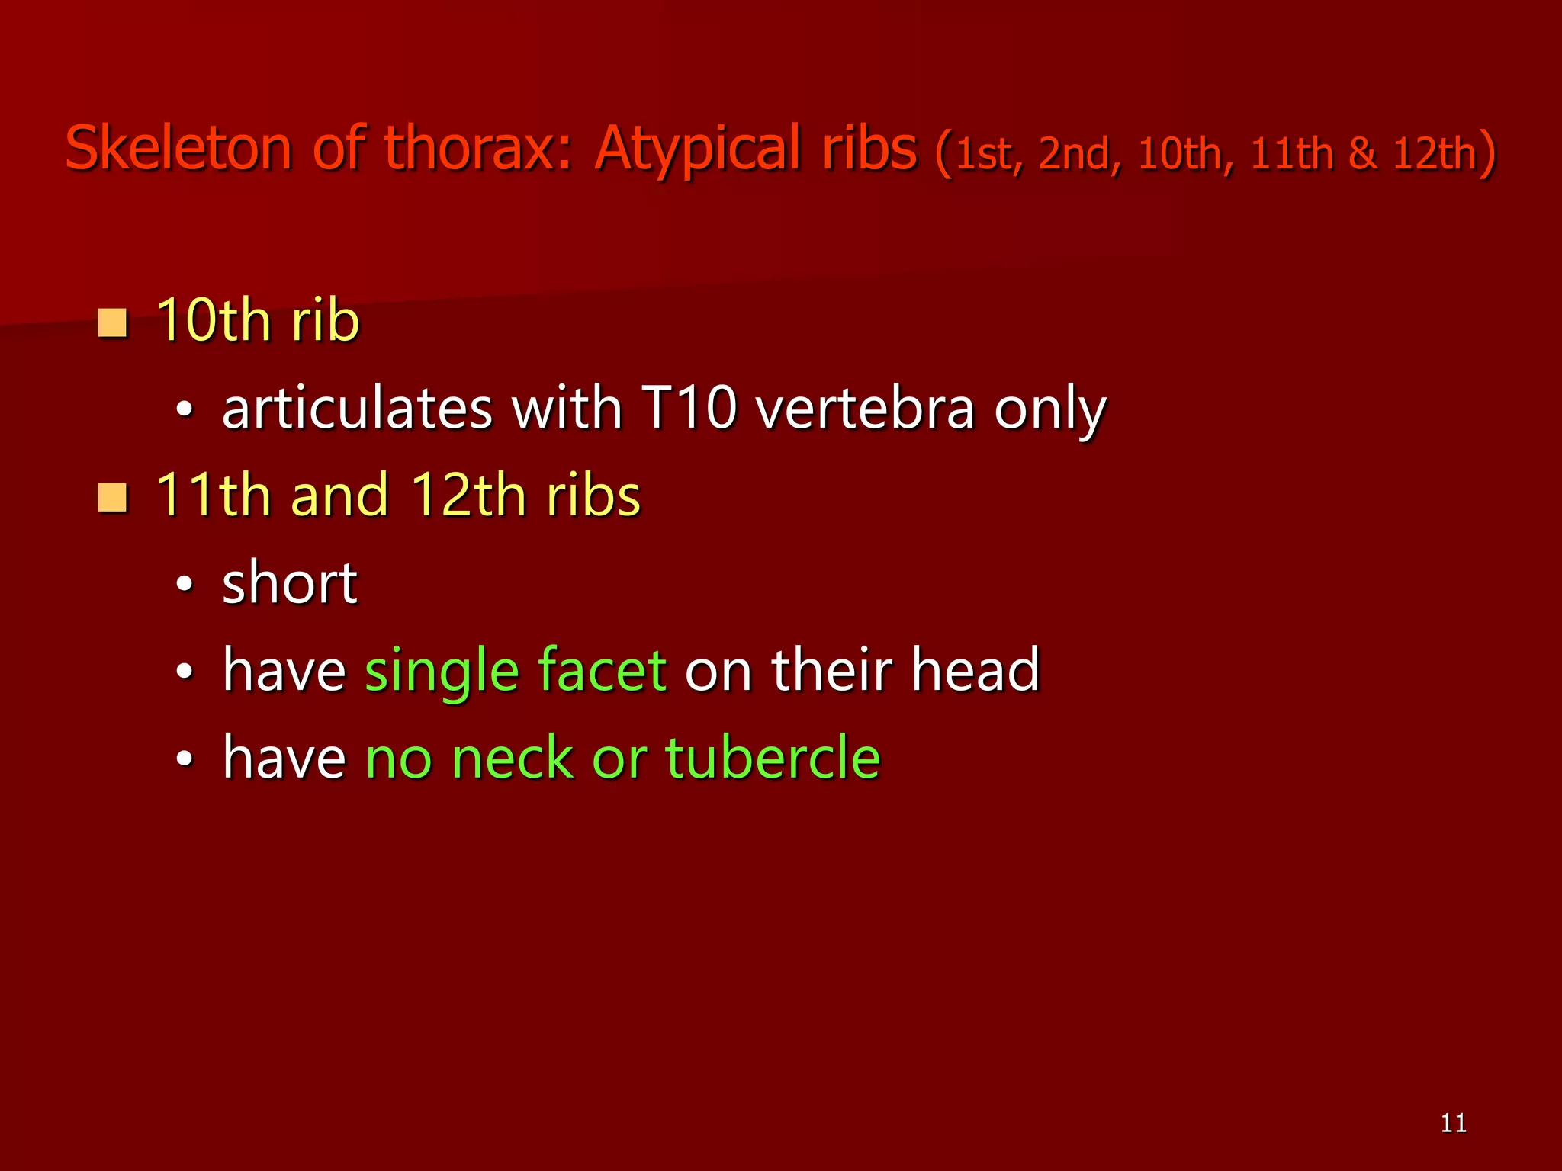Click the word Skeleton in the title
tap(178, 148)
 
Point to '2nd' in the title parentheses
tap(1077, 154)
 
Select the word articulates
tap(358, 409)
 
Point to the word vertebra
tap(865, 409)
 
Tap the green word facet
tap(602, 670)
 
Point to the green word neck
tap(512, 759)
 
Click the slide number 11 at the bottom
tap(1454, 1123)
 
